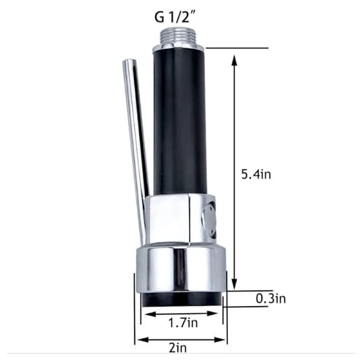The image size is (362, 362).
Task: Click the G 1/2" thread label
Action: [x=175, y=17]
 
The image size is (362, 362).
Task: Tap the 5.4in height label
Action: [x=256, y=174]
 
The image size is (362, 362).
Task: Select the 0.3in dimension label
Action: [x=270, y=299]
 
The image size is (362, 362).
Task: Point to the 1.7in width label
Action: [x=183, y=323]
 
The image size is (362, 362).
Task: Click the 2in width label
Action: [x=177, y=348]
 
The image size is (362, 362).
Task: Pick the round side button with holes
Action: [x=209, y=220]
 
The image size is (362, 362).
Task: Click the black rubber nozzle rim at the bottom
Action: [x=182, y=300]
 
